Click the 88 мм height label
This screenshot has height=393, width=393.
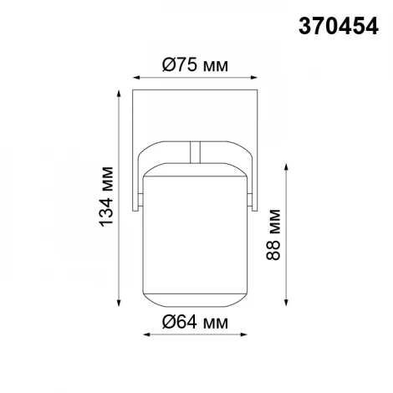[x=273, y=241]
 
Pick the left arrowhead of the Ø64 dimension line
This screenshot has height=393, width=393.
[x=148, y=335]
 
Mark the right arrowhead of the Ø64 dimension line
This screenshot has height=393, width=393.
[x=247, y=335]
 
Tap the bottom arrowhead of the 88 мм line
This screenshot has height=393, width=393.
[x=290, y=304]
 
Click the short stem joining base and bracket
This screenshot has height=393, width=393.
[x=196, y=150]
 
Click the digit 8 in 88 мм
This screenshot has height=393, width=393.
[x=273, y=254]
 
